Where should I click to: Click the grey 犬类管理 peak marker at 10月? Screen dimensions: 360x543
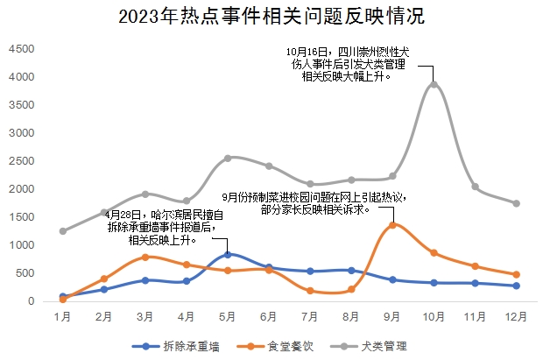pos(434,84)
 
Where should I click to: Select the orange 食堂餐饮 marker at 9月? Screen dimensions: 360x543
pos(392,225)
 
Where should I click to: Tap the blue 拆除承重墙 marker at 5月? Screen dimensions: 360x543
pos(228,254)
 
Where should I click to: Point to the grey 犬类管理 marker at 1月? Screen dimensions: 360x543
pos(62,231)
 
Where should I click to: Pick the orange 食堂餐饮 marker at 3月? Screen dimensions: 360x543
pos(145,257)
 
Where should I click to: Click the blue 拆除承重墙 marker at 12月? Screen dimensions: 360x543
pos(517,286)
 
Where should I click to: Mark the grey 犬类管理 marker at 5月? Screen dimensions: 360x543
pos(228,158)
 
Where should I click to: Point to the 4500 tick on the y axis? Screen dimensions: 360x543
pos(22,50)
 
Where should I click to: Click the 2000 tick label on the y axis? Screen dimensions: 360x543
pos(22,189)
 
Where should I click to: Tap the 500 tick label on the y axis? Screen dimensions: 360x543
pos(25,273)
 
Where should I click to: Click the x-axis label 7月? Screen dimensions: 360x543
pos(310,314)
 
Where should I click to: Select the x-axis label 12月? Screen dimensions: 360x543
pos(517,314)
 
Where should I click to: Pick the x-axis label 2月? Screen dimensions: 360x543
pos(103,314)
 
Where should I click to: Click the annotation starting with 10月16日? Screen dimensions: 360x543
pos(349,65)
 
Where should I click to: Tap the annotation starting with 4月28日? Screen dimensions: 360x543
pos(163,226)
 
